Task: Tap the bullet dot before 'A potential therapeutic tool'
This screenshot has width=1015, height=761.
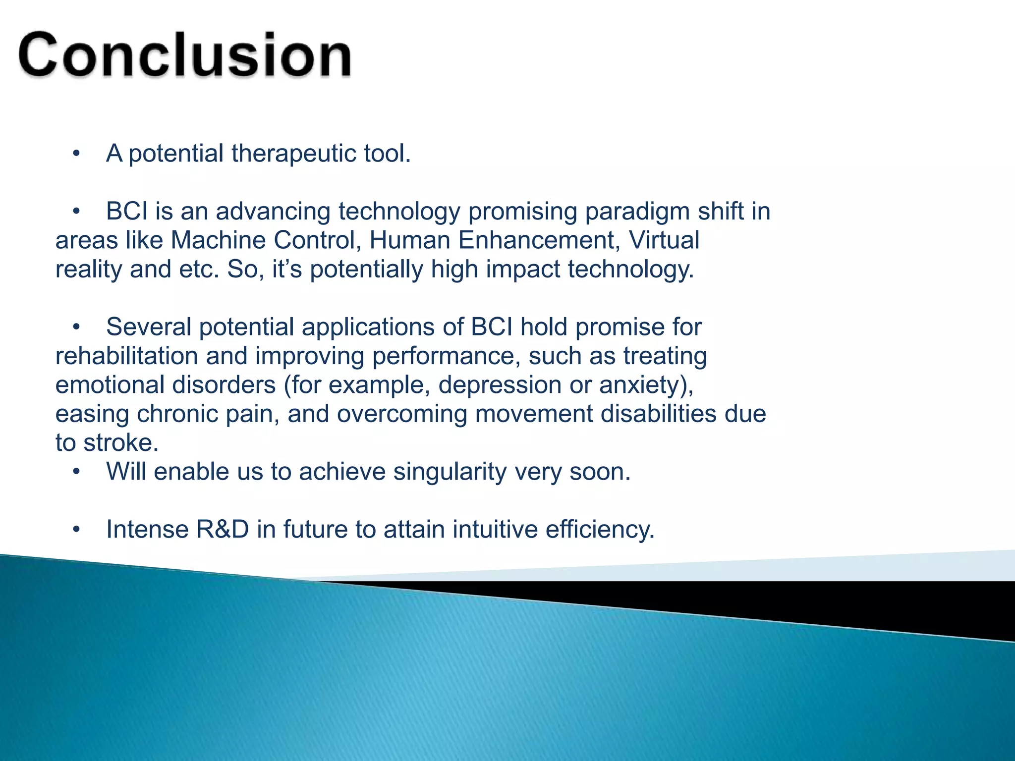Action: pos(76,154)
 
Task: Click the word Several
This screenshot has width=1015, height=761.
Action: pos(149,327)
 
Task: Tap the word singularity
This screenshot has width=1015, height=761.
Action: pos(450,472)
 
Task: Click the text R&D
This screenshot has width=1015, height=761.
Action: pos(222,530)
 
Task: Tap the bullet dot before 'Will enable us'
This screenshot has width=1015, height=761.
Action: pos(76,472)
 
